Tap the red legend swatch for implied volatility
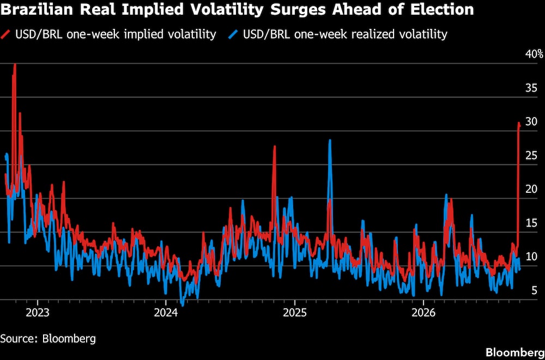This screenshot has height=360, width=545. tap(6, 34)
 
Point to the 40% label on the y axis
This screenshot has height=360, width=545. tap(534, 54)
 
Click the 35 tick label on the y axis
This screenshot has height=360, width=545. tap(531, 88)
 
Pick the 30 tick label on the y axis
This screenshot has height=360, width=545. tap(531, 122)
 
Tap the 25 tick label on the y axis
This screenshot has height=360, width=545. tap(531, 156)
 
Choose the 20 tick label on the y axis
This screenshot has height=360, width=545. tap(531, 190)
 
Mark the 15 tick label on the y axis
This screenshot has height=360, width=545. tap(531, 223)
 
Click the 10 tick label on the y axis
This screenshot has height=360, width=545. tap(531, 257)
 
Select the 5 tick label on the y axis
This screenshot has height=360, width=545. tap(534, 290)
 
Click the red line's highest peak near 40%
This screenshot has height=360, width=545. tap(15, 65)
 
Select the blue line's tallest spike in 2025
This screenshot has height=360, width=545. tap(330, 141)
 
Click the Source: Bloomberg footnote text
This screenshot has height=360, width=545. tap(48, 338)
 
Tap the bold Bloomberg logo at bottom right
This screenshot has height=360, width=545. tap(515, 352)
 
